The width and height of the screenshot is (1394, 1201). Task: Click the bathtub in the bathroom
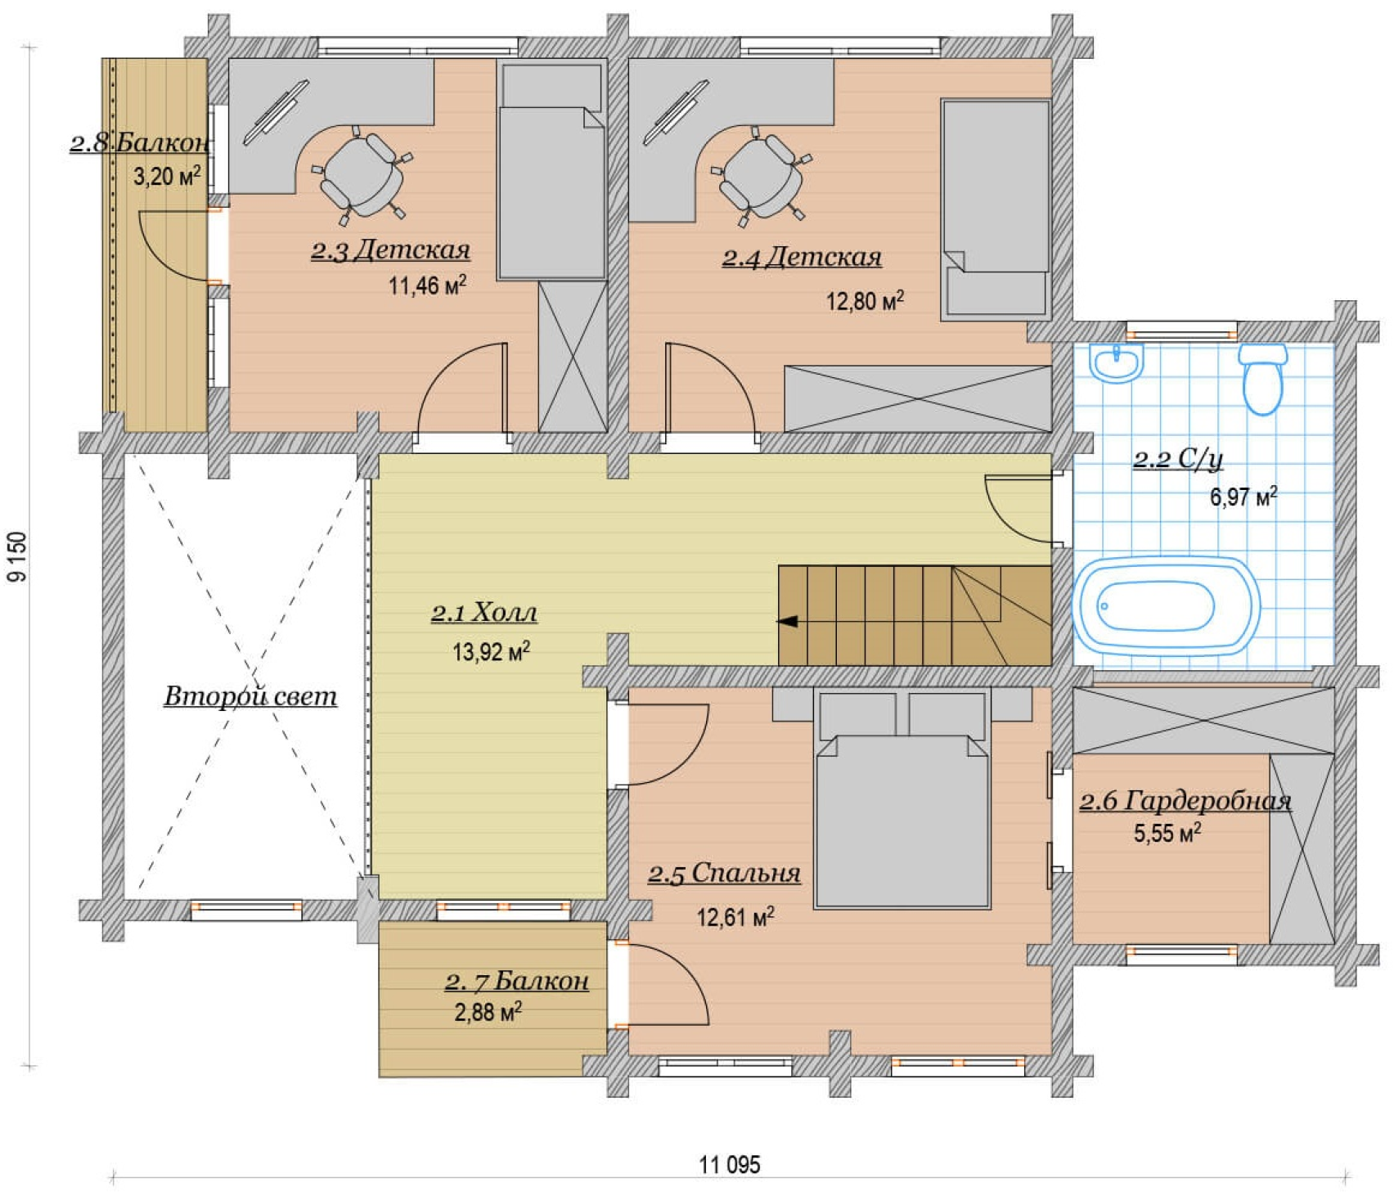pos(1166,605)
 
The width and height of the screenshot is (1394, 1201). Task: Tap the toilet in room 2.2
pos(1262,378)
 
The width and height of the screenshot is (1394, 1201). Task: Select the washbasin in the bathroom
pos(1116,362)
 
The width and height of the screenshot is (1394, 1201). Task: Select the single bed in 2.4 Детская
pos(996,209)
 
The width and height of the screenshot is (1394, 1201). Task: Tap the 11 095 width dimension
pos(730,1164)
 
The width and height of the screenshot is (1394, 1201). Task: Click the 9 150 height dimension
pos(17,556)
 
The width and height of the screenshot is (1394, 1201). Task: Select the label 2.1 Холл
pos(484,613)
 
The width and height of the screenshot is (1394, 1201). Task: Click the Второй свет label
pos(250,695)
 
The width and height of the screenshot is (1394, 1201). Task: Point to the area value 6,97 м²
pos(1243,496)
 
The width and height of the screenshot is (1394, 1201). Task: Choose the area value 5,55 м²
pos(1167,833)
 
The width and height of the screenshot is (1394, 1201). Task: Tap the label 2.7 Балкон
pos(517,980)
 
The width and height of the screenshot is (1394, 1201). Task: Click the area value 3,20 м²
pos(167,175)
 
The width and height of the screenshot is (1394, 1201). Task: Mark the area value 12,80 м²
pos(865,300)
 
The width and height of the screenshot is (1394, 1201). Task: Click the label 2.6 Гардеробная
pos(1185,801)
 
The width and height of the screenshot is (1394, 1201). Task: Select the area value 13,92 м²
pos(491,651)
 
